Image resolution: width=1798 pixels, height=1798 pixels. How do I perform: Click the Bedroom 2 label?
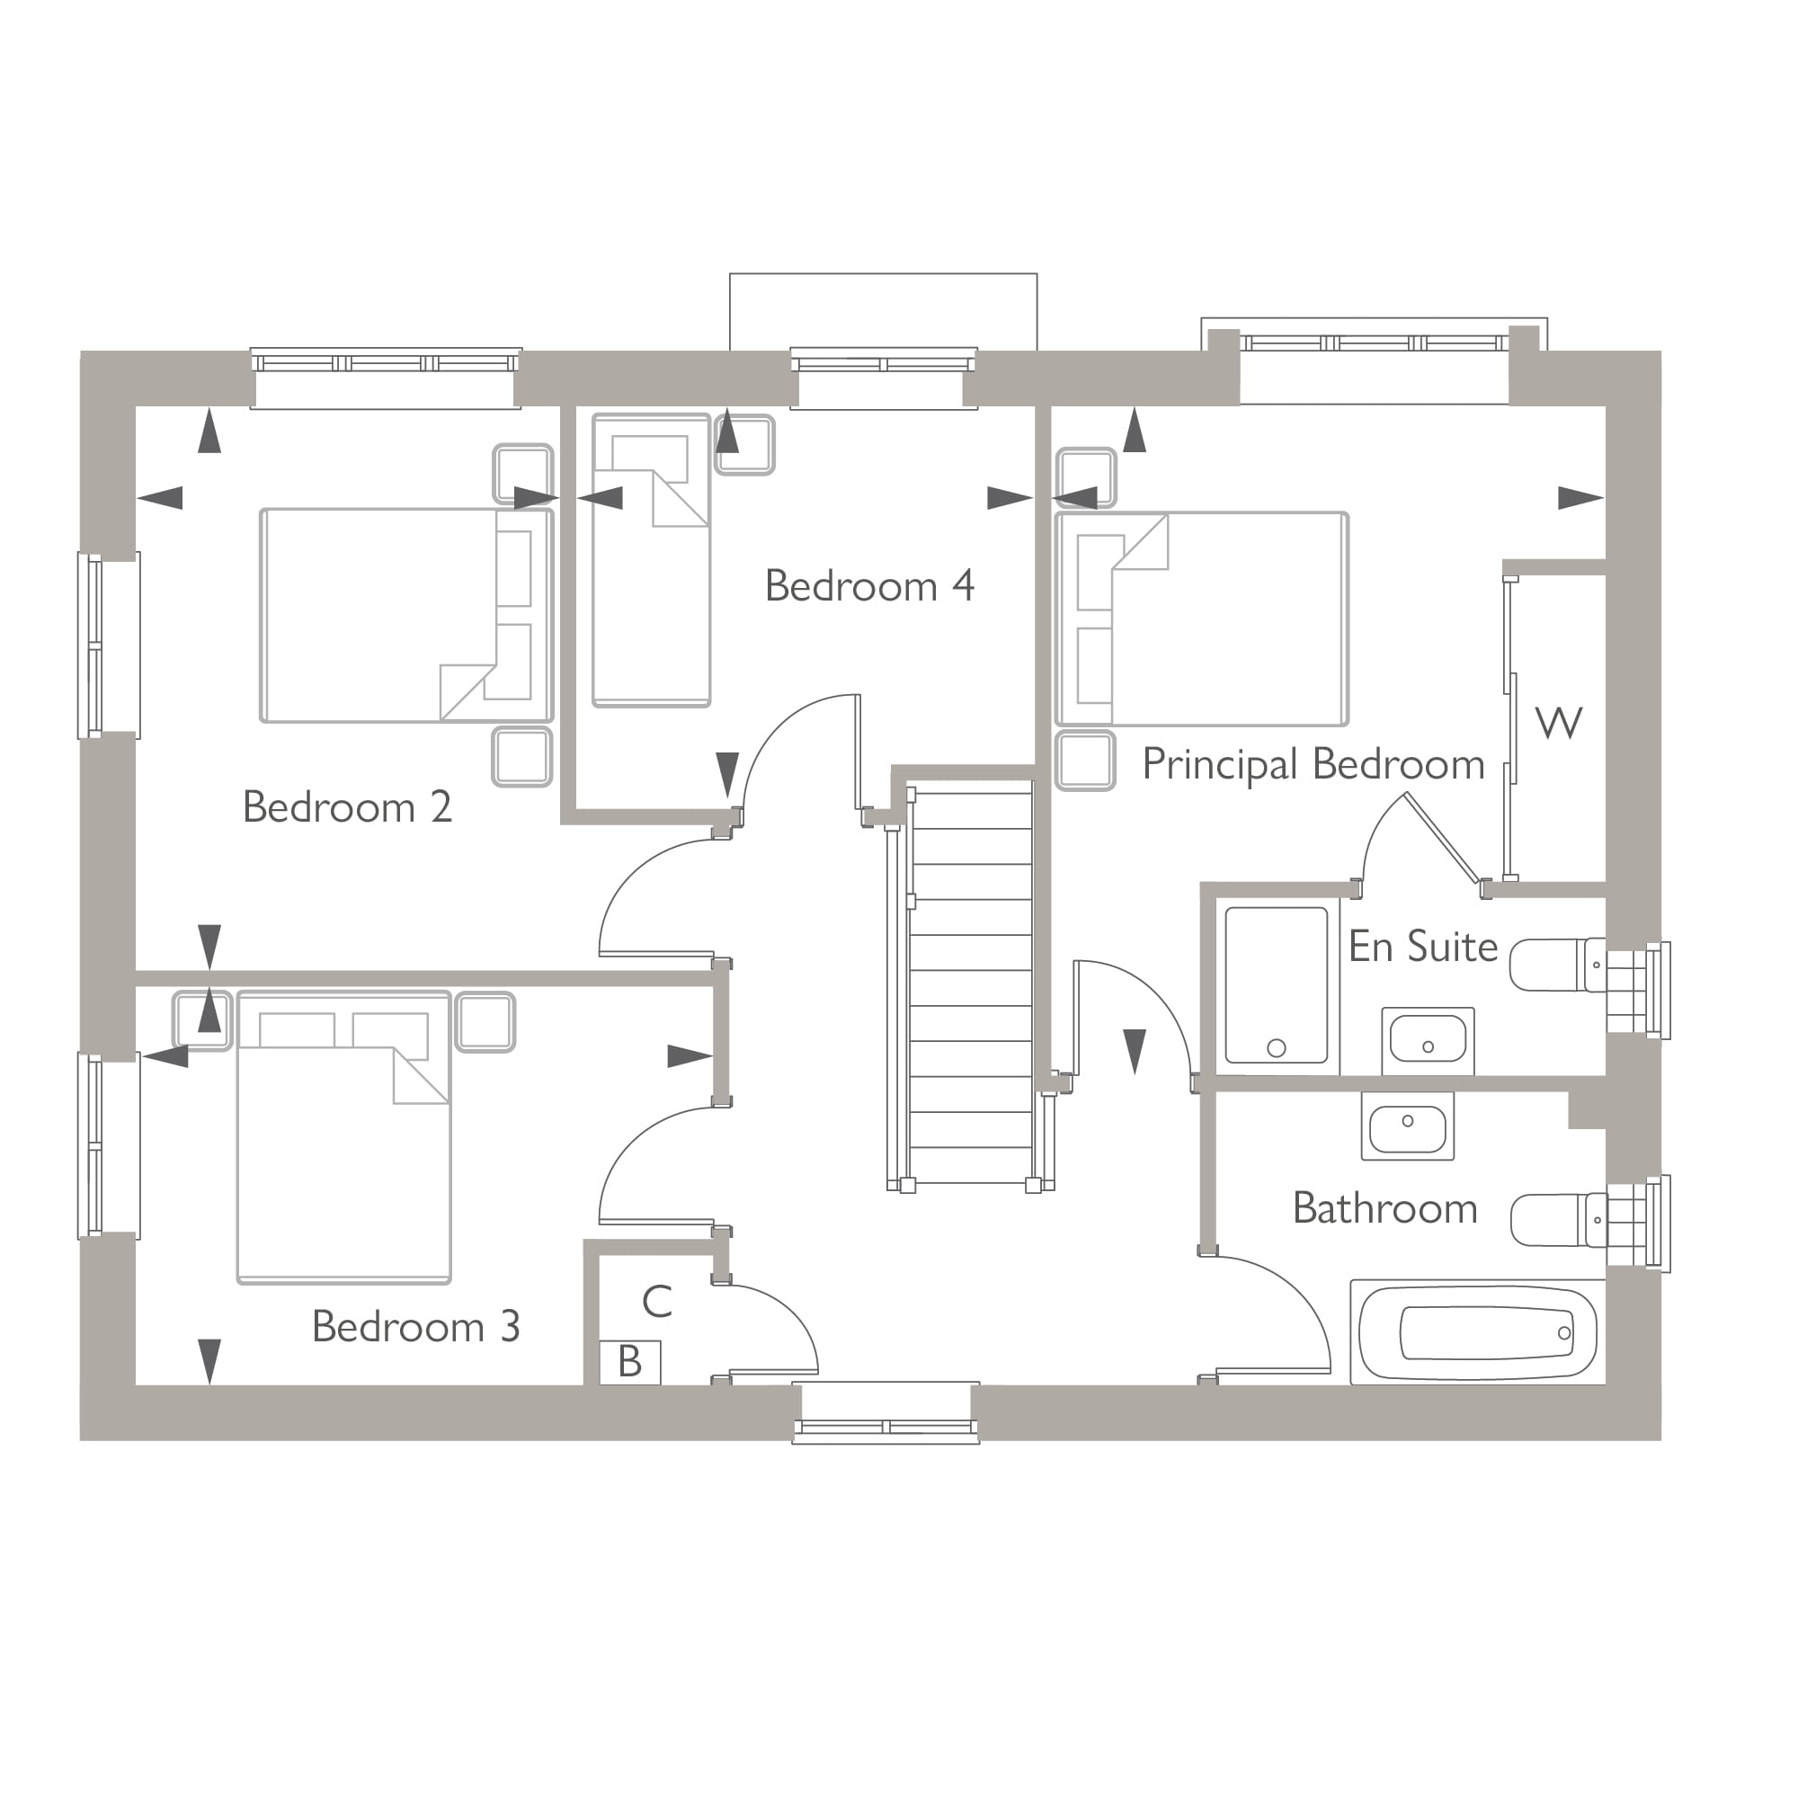click(347, 807)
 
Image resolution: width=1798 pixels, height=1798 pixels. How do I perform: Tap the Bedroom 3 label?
click(415, 1326)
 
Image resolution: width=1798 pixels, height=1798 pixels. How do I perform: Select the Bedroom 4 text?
click(869, 586)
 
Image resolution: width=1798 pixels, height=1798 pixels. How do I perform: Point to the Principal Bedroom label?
click(1313, 765)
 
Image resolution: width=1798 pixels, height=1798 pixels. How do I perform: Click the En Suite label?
click(1422, 947)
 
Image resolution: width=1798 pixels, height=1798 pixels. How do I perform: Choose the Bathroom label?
click(1384, 1208)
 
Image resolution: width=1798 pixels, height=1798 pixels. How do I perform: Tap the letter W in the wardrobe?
click(1558, 723)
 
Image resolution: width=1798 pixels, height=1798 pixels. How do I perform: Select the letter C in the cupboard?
click(657, 1302)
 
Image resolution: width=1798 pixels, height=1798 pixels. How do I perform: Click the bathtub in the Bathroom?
click(1478, 1332)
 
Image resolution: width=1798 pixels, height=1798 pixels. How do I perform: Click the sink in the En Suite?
click(1428, 1039)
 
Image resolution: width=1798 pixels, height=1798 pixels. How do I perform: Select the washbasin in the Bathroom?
click(1407, 1126)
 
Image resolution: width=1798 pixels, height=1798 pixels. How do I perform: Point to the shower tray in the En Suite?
click(1276, 984)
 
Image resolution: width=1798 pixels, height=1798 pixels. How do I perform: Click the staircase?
click(970, 986)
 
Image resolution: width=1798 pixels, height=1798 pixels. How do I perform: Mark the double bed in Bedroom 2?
click(405, 615)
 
